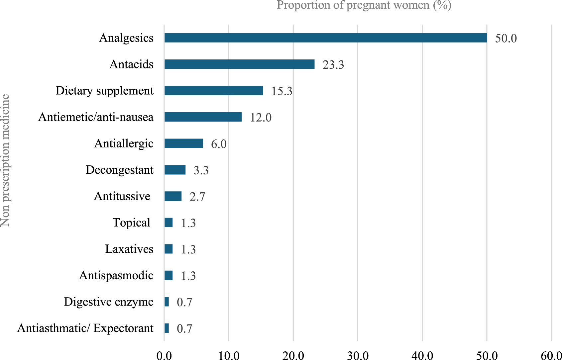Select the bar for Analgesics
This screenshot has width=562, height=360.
325,38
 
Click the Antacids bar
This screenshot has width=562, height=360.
239,64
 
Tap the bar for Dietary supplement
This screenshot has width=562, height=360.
213,91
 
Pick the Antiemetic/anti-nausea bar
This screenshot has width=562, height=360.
203,117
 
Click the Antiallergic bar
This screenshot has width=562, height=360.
183,143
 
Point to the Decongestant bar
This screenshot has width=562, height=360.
175,170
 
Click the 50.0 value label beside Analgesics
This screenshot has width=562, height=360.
506,39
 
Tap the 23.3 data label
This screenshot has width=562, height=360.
333,65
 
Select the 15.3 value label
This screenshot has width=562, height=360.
282,91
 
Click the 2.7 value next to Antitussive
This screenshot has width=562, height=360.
197,197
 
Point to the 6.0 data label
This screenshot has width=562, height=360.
219,144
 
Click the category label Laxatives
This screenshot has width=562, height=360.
129,249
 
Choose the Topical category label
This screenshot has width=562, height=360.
131,223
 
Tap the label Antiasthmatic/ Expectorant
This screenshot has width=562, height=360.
85,328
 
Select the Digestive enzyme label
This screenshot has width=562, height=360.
109,302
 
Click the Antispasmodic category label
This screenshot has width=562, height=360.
116,275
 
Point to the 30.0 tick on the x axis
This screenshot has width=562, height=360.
358,356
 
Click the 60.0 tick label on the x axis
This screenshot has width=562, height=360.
551,356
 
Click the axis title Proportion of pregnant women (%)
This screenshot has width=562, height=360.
364,5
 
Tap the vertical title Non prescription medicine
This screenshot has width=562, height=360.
5,160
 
